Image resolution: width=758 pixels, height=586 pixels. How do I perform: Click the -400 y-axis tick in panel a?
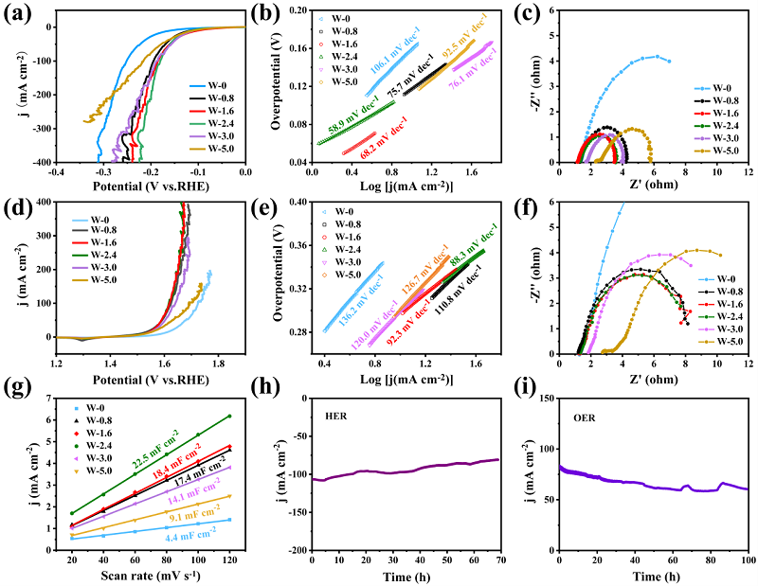(40, 163)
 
